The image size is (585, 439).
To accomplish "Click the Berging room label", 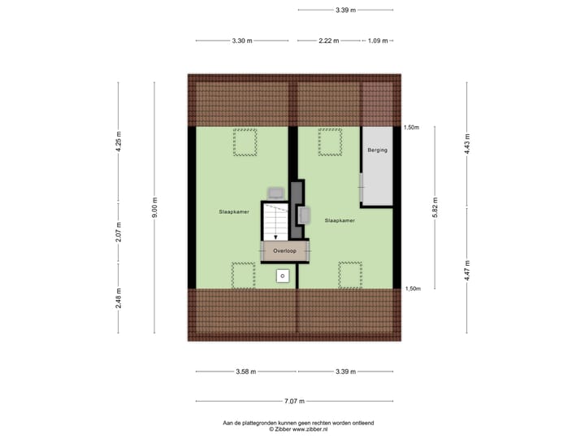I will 377,150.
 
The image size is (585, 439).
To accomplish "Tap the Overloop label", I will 284,251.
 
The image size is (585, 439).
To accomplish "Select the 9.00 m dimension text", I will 154,206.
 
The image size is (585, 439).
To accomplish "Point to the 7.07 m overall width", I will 295,401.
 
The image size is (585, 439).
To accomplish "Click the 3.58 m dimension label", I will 245,372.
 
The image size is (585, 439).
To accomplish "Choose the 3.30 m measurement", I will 242,41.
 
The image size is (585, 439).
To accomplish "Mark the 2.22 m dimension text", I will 329,41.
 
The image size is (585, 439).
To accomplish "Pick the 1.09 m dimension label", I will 378,41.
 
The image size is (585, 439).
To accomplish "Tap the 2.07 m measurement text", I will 119,233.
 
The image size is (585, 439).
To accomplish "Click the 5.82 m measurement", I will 435,207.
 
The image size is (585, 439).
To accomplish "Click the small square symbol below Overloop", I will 282,276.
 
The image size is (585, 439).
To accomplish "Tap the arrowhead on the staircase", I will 276,237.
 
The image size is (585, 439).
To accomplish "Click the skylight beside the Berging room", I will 329,141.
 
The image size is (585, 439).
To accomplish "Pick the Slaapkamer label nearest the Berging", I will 340,220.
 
